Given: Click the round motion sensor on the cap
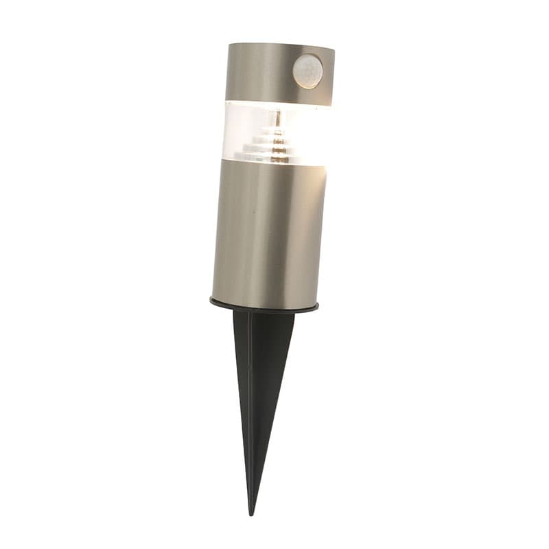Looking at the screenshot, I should tap(308, 71).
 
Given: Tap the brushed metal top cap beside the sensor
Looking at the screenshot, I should tap(257, 72).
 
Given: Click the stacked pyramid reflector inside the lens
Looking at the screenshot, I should tap(274, 144).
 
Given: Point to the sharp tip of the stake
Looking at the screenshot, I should tap(252, 511).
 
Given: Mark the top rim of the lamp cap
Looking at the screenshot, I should tap(281, 46).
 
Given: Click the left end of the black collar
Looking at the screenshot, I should tap(211, 299).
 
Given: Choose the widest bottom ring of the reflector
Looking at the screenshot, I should tap(274, 157).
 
